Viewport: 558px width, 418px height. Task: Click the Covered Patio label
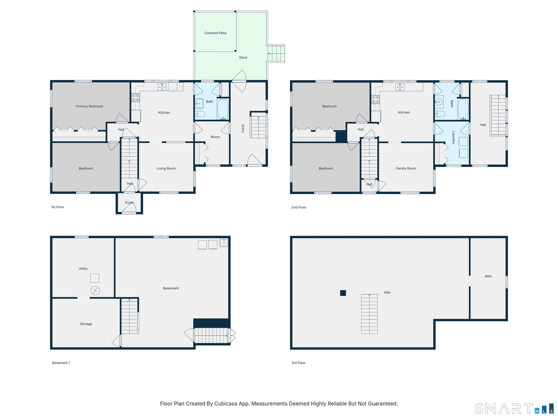click(215, 33)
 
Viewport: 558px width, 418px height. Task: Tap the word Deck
click(243, 58)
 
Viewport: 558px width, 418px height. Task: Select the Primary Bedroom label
click(89, 106)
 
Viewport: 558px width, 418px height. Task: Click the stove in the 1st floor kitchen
click(136, 97)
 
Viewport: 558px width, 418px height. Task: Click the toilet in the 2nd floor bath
click(440, 114)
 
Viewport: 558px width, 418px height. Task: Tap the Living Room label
click(166, 168)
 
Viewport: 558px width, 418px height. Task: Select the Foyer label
click(129, 203)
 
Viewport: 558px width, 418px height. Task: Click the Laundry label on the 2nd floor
click(453, 137)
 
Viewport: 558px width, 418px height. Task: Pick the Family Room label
click(406, 168)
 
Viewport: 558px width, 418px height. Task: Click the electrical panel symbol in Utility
click(95, 290)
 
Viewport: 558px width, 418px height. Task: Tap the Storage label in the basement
click(86, 324)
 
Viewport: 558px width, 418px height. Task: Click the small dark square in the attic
click(343, 293)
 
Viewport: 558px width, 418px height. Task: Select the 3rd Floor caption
click(298, 363)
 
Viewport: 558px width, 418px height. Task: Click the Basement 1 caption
click(61, 363)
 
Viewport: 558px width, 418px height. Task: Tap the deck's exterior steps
click(276, 53)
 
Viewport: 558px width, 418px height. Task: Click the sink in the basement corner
click(224, 242)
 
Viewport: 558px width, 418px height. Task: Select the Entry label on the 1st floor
click(243, 129)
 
